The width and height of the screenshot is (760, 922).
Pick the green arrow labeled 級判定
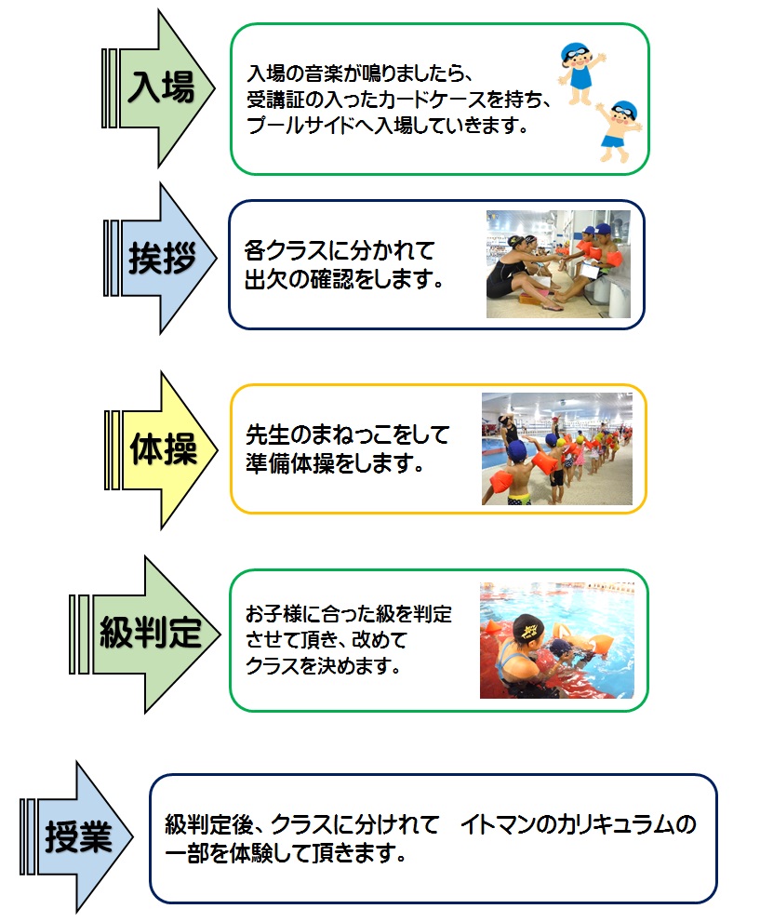(149, 635)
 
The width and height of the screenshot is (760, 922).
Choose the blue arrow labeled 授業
(78, 837)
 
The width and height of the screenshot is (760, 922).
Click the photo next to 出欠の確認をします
(558, 264)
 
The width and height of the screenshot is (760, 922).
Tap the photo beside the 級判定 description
(556, 640)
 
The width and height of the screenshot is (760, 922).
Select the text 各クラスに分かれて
(339, 251)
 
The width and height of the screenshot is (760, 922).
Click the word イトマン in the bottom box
(497, 824)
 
